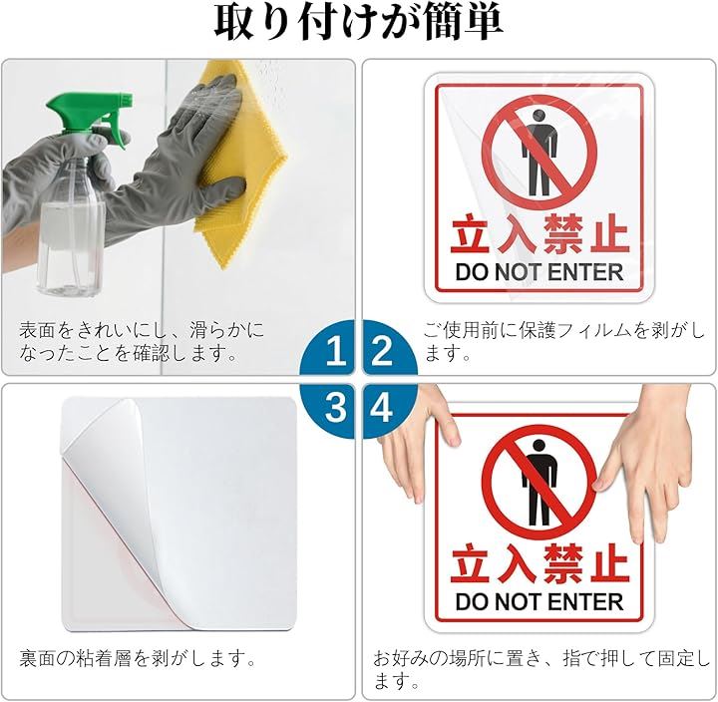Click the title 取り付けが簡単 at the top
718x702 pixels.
click(359, 23)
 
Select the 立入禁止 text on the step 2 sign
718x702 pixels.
click(539, 234)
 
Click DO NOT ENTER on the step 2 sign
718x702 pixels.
click(539, 272)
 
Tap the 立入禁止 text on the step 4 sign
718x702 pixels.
click(539, 564)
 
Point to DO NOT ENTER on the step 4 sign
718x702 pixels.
click(539, 601)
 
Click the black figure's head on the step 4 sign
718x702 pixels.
click(539, 446)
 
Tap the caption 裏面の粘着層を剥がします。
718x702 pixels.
click(138, 659)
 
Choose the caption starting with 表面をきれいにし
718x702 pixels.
click(142, 341)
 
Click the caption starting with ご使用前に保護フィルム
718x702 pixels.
click(564, 341)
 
